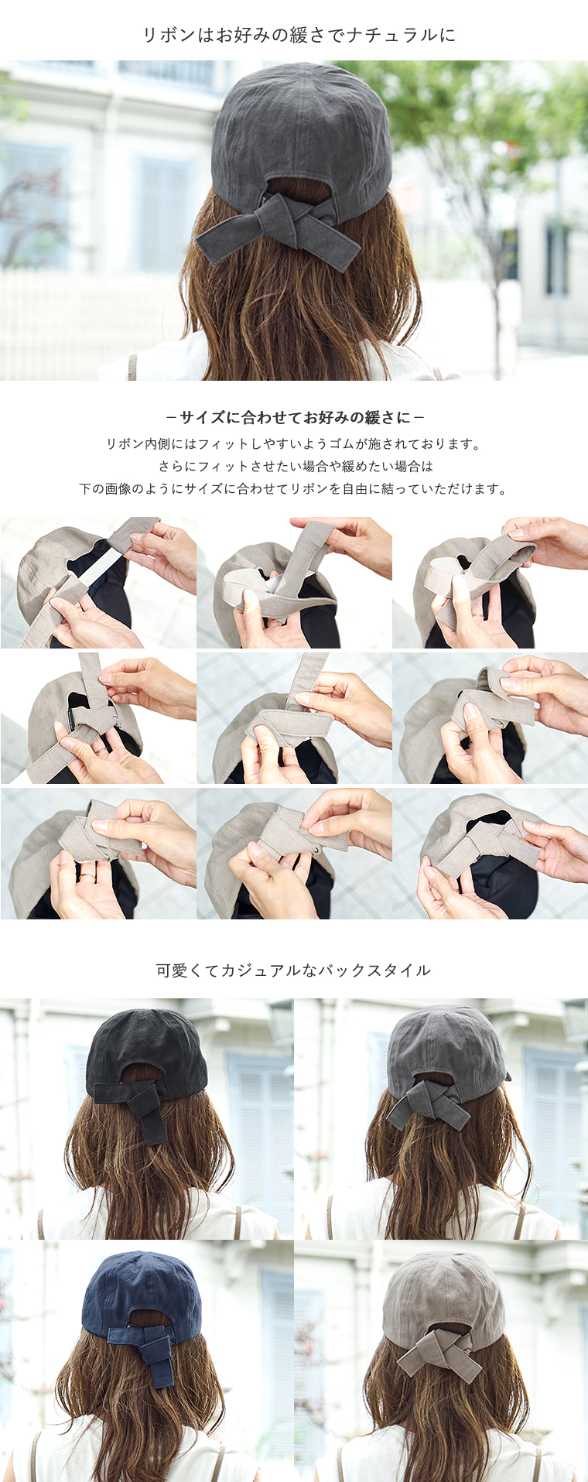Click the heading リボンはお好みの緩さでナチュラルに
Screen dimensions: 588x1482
(x=299, y=35)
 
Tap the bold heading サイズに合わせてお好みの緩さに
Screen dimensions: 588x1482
(x=295, y=418)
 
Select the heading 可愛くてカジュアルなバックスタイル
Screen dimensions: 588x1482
(x=293, y=970)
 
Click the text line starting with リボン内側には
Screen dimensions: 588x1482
(x=293, y=444)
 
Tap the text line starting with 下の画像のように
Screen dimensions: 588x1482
(x=293, y=489)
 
